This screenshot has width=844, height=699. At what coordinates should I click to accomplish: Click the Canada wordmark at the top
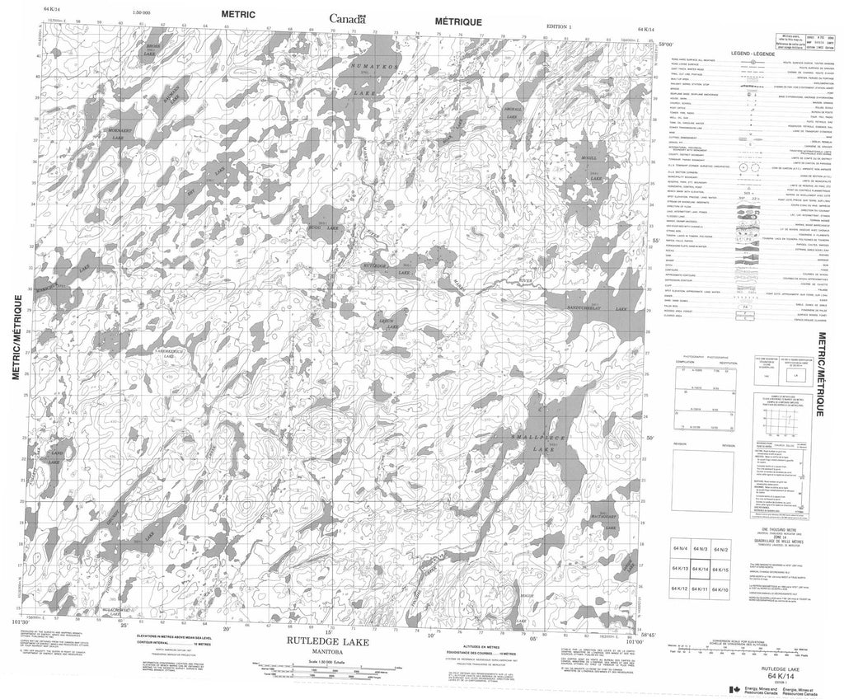[348, 18]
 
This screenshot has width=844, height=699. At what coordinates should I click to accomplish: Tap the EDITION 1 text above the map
[558, 27]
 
